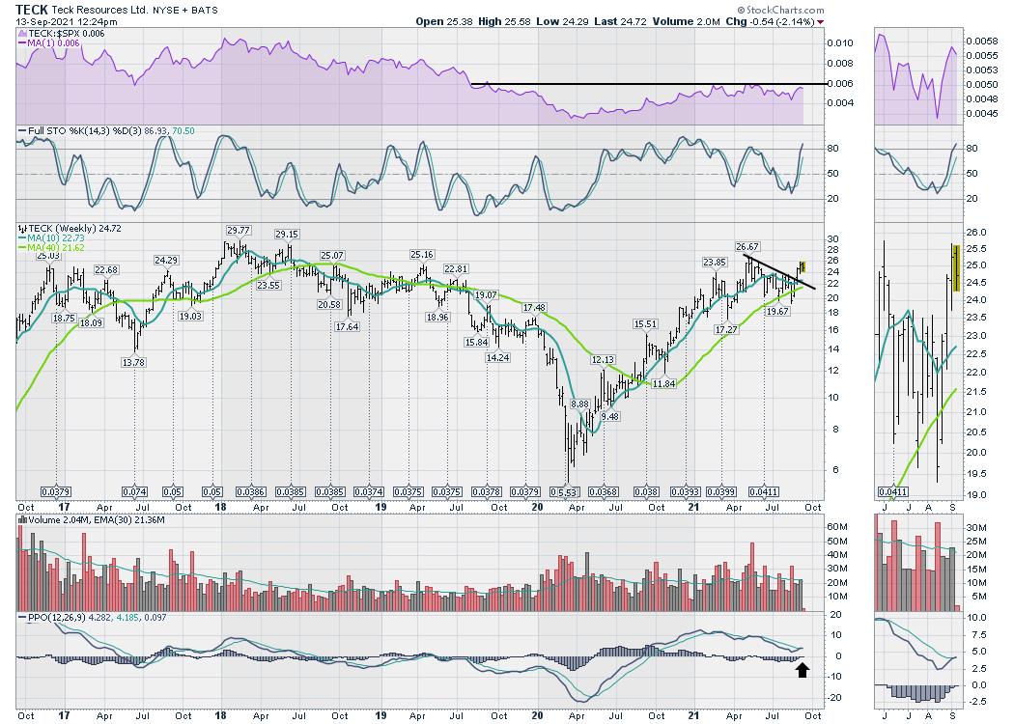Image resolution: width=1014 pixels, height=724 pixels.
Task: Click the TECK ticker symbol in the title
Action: pos(33,9)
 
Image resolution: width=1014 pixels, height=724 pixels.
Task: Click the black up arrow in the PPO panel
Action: pos(801,668)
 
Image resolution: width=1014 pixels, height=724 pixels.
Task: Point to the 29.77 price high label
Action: pos(238,230)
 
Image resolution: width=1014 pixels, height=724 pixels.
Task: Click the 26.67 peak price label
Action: pos(746,246)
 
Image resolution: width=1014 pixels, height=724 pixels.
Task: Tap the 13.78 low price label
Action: pos(133,362)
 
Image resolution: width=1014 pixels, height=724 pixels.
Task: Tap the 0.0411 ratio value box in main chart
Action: pos(764,491)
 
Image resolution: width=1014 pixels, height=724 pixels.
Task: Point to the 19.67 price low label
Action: pos(776,312)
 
